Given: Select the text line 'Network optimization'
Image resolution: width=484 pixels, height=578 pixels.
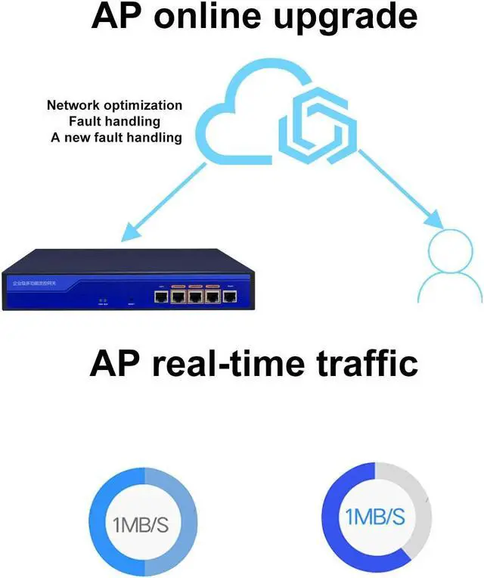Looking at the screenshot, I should point(114,105).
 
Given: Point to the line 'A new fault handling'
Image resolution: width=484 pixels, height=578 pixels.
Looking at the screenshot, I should point(116,138).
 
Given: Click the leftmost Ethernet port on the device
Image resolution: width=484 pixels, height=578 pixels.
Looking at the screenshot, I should point(161,297).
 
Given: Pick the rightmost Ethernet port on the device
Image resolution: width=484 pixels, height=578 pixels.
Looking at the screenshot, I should point(230,297).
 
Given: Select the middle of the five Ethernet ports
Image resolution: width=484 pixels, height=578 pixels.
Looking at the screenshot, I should point(196,297).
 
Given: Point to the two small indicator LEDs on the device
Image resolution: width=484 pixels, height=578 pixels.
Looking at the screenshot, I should point(102,300).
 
